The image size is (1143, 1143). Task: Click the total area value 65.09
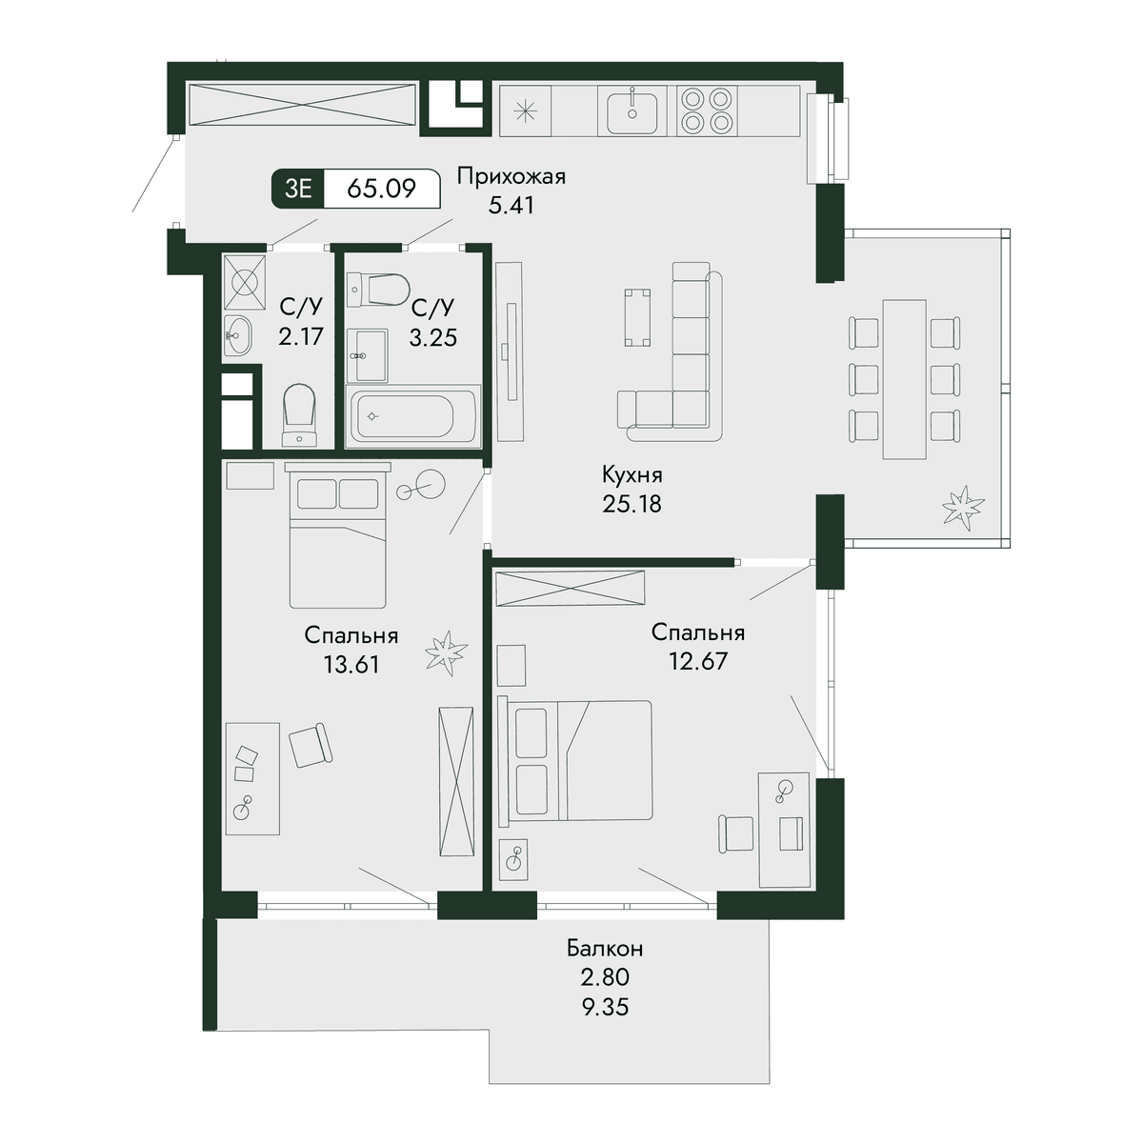[381, 189]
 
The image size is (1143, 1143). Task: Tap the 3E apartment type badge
[298, 189]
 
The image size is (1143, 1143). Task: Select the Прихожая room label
[511, 177]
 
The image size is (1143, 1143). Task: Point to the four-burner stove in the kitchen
[705, 110]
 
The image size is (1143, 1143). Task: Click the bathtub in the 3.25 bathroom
[413, 417]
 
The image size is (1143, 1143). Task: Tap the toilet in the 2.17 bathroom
[299, 415]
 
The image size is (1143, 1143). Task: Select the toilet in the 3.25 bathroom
[378, 291]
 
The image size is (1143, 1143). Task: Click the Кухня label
[632, 475]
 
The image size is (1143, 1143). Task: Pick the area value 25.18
[632, 504]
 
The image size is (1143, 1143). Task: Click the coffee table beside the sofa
[637, 317]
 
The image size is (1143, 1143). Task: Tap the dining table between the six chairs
[904, 379]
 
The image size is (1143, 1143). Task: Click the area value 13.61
[351, 665]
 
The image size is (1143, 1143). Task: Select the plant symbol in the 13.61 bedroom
[446, 652]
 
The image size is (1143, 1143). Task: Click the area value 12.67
[698, 661]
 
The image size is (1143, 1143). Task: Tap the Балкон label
[605, 949]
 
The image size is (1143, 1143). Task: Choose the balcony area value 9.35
[605, 1007]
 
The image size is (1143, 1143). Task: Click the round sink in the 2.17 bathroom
[238, 335]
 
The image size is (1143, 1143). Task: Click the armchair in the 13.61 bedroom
[311, 746]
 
